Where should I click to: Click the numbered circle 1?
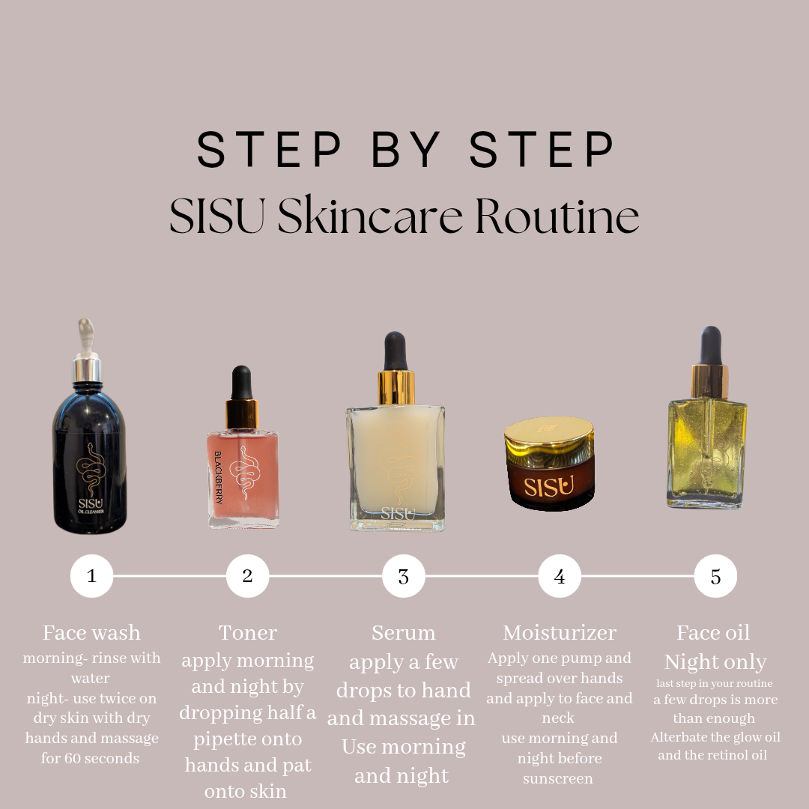point(91,576)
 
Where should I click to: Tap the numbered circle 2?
point(247,576)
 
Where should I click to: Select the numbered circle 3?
point(404,576)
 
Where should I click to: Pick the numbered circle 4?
point(560,576)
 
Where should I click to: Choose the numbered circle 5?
point(715,576)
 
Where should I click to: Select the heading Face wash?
point(91,632)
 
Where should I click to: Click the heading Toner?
point(248,632)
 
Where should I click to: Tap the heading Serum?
point(404,632)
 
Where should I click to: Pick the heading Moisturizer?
point(560,632)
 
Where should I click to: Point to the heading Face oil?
point(713,632)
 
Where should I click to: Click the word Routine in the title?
point(557,216)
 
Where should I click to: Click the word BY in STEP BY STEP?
point(406,149)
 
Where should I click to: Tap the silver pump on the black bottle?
point(87,350)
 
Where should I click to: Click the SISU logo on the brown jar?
point(549,487)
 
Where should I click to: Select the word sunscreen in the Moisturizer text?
point(558,778)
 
